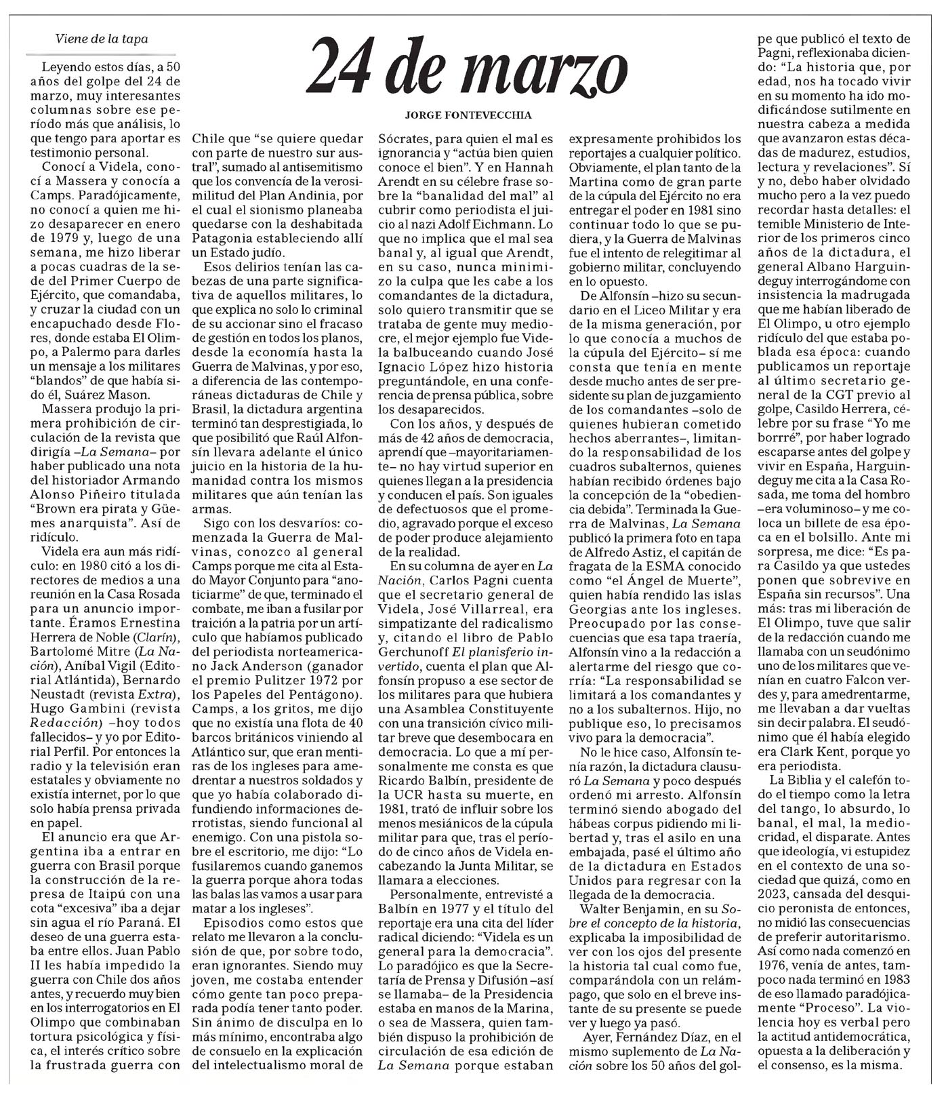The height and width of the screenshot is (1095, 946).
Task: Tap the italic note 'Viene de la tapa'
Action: pyautogui.click(x=102, y=39)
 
